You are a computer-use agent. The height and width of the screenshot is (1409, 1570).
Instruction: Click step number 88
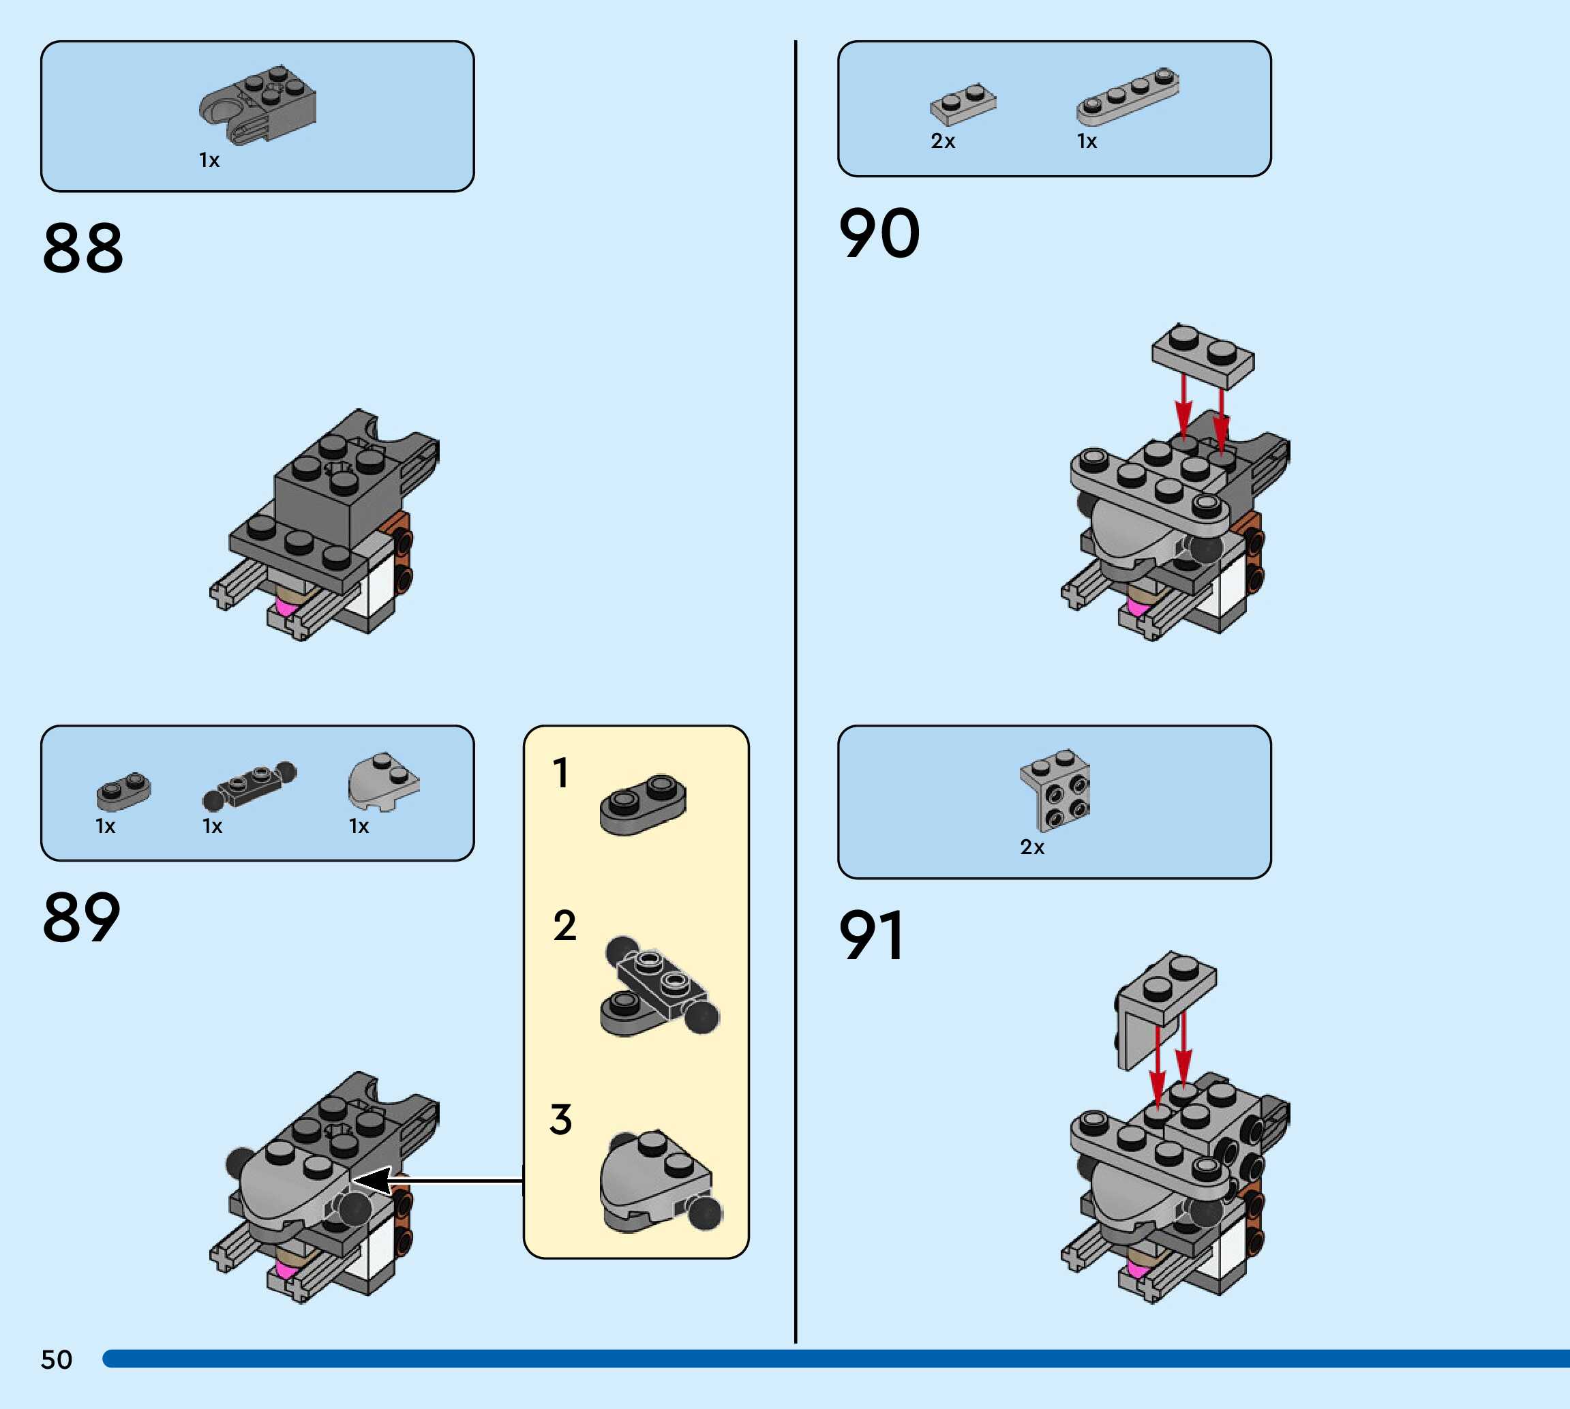tap(83, 249)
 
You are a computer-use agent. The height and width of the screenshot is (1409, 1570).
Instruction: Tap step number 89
tap(81, 918)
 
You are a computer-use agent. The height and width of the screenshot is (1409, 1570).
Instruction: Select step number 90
tap(879, 234)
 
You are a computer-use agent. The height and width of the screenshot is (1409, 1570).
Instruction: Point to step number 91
tap(872, 935)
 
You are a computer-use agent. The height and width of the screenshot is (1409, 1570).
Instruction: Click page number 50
tap(57, 1359)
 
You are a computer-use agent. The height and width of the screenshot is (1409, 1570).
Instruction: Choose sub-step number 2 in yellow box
tap(564, 926)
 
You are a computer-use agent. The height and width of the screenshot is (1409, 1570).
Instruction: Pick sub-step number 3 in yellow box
tap(561, 1119)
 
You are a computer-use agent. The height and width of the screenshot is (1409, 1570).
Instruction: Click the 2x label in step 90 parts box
tap(943, 142)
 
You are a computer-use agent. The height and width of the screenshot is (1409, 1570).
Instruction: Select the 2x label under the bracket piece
tap(1032, 847)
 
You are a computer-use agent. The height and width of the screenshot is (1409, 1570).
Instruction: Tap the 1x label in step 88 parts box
tap(209, 160)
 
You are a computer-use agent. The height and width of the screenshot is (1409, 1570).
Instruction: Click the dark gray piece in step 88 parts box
tap(258, 104)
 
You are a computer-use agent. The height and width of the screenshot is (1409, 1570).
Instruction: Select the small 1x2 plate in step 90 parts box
tap(963, 104)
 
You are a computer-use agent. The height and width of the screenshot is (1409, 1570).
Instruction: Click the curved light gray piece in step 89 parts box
tap(382, 781)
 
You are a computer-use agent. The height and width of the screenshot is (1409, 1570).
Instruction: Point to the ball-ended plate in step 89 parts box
tap(250, 784)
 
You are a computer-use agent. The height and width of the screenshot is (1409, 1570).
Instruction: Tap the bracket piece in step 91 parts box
tap(1055, 788)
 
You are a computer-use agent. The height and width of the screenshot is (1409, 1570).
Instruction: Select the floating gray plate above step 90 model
tap(1203, 356)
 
